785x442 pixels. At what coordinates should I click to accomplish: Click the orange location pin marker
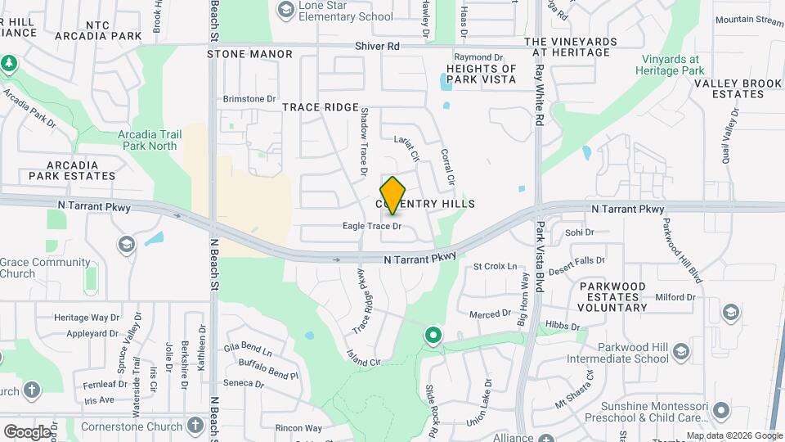(393, 195)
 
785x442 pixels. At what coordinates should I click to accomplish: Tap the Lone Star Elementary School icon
(285, 9)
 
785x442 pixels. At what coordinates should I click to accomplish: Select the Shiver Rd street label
(377, 47)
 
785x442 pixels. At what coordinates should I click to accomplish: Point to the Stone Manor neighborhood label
(249, 54)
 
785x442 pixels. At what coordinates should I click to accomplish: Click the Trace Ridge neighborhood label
(321, 107)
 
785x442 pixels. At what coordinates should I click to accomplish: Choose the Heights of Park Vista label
(482, 74)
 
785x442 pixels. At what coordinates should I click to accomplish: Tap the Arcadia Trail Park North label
(148, 140)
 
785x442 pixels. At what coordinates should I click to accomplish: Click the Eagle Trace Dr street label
(372, 226)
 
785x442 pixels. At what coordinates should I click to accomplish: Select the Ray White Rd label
(539, 96)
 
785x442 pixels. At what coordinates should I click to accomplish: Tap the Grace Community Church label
(45, 268)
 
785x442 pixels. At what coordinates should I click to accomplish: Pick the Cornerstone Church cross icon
(195, 425)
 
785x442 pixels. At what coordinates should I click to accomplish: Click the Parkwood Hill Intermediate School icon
(680, 353)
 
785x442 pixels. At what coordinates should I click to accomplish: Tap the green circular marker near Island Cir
(433, 335)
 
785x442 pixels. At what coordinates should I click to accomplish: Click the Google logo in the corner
(28, 431)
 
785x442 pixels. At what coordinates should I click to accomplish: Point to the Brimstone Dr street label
(249, 99)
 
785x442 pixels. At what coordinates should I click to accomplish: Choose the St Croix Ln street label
(496, 267)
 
